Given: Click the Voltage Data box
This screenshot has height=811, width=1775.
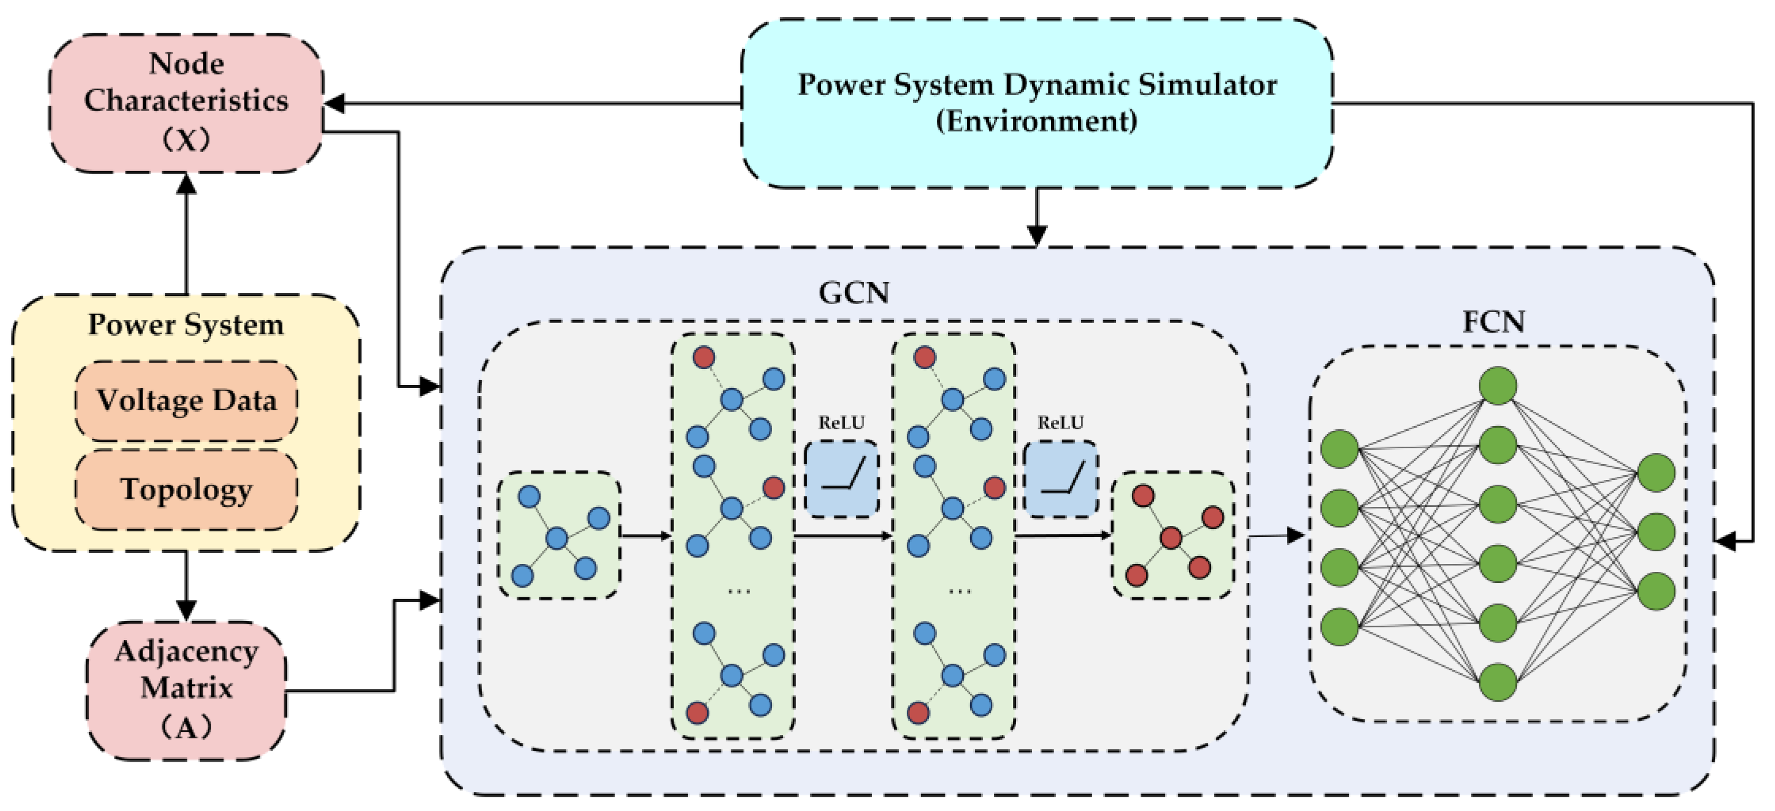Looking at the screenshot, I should pos(186,400).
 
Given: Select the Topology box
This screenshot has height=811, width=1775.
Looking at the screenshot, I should pos(186,489).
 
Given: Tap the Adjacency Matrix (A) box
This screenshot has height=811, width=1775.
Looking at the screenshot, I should pos(186,689).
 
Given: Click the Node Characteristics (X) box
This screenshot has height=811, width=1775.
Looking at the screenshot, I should pos(186,102).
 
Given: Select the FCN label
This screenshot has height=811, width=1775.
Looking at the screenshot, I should pos(1493,322).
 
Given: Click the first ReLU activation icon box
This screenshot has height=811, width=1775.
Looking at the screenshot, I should pos(841,479).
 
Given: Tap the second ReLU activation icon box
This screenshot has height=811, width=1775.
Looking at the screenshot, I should pos(1061,479).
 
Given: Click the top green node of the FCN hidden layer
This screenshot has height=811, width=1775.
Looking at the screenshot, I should pos(1498,385).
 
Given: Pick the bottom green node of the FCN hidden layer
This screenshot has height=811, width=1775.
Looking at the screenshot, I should pos(1498,682).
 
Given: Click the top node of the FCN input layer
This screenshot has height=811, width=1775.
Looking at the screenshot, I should pos(1339,449).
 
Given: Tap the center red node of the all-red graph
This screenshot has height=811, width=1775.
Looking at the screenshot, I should pos(1171,537).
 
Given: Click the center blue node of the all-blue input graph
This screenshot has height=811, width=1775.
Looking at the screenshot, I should pos(556,537).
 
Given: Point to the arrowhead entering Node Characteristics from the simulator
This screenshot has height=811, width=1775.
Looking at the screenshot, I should pos(334,104).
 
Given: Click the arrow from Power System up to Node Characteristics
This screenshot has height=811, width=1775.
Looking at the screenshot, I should pos(186,234).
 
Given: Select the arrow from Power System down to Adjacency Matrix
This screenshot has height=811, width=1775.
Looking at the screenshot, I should pos(186,586).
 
